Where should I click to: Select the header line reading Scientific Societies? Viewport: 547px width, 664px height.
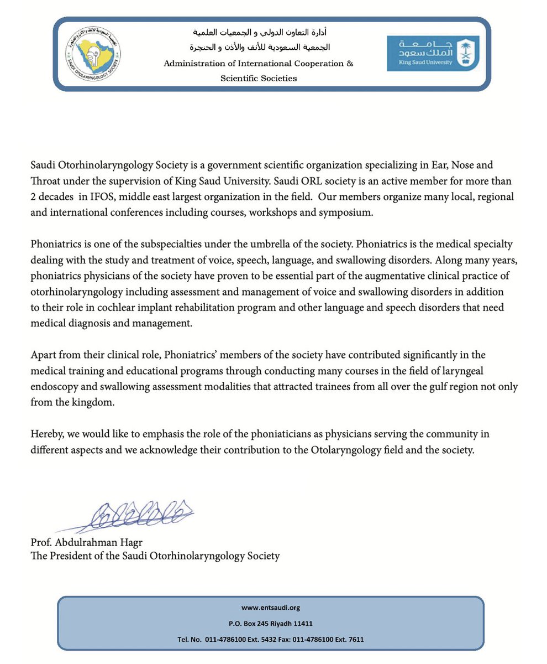(x=259, y=78)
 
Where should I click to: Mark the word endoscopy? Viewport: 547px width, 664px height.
(x=54, y=386)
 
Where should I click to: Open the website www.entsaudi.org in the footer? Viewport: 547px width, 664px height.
(x=271, y=608)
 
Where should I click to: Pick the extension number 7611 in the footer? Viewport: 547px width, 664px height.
(x=353, y=640)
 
